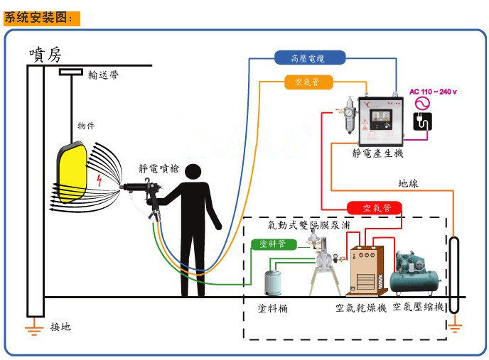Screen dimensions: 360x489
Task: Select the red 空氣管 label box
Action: pos(374,208)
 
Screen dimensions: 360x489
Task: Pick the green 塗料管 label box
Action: pos(274,244)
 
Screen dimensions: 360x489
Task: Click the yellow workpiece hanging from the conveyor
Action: pos(72,173)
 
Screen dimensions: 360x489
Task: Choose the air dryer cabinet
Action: pos(367,271)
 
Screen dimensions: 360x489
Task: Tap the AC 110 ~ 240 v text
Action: pos(433,92)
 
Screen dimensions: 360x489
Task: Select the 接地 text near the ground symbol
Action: pos(60,327)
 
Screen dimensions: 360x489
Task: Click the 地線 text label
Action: pos(408,183)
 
